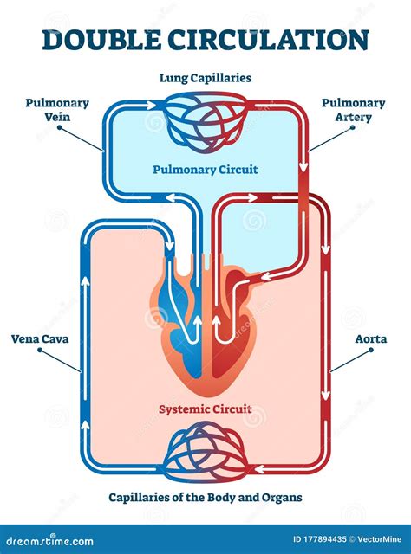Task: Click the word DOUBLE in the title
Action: [95, 39]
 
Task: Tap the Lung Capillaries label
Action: [205, 78]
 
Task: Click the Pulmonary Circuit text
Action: [205, 170]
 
